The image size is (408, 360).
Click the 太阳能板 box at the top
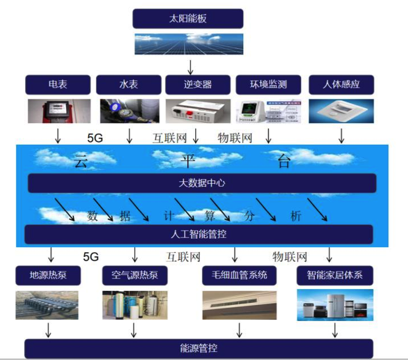click(188, 18)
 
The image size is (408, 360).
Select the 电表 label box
click(58, 85)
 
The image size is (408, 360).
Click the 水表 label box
click(129, 85)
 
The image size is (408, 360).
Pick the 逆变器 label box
click(197, 85)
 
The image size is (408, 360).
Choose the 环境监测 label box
click(268, 85)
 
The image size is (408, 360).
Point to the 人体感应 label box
click(341, 85)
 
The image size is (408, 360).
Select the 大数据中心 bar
click(202, 184)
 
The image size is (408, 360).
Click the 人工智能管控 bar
click(199, 234)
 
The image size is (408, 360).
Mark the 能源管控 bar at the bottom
click(199, 348)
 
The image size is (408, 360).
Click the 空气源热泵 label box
click(135, 275)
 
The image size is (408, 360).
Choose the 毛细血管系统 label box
click(235, 275)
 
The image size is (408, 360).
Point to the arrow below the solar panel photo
click(190, 65)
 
